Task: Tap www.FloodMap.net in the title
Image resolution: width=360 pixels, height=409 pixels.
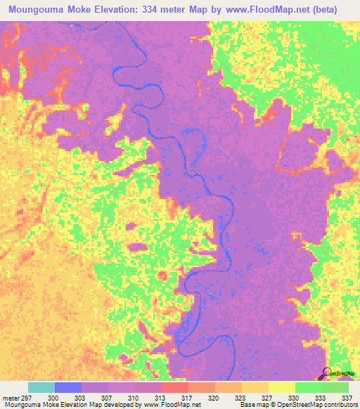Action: pyautogui.click(x=264, y=10)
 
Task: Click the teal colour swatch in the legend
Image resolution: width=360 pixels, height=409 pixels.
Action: pyautogui.click(x=41, y=387)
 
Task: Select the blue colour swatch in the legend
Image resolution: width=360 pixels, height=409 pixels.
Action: pyautogui.click(x=68, y=387)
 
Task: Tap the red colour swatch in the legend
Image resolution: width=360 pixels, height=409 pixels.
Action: pyautogui.click(x=174, y=387)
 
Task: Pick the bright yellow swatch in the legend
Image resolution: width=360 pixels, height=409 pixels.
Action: pyautogui.click(x=281, y=387)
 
